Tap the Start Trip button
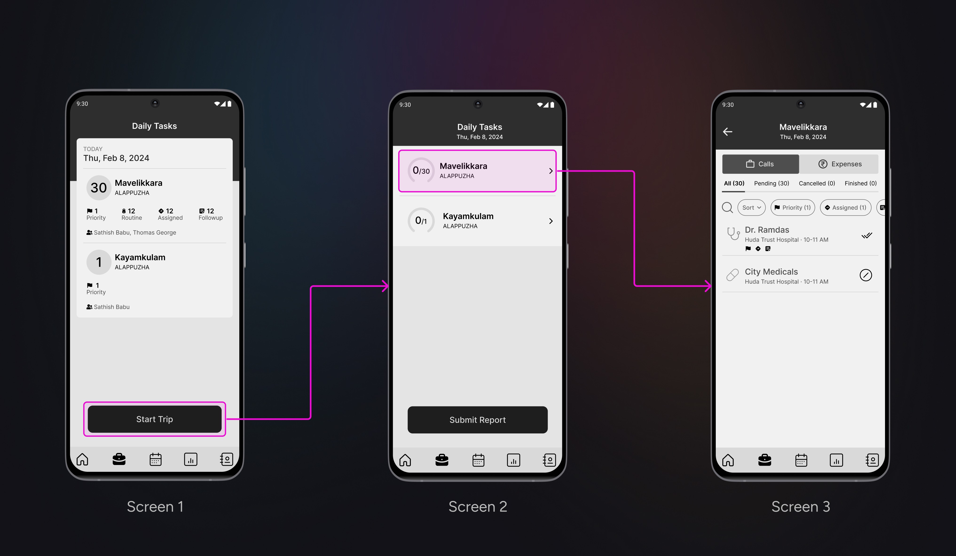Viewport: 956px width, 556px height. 154,419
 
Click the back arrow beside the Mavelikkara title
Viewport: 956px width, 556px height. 728,132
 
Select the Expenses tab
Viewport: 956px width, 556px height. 839,164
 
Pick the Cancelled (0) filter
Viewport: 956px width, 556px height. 817,183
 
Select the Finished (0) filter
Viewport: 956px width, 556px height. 860,183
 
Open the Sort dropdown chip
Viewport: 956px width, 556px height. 751,208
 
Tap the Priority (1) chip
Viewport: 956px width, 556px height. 792,208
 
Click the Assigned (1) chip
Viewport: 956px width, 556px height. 846,208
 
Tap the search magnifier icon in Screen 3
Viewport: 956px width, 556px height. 727,208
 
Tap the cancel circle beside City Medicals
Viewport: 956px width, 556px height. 866,275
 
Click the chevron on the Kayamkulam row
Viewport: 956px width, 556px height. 551,221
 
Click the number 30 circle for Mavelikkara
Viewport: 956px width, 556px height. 99,187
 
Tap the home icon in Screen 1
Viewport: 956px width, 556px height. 82,459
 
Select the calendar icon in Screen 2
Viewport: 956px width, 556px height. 478,460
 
